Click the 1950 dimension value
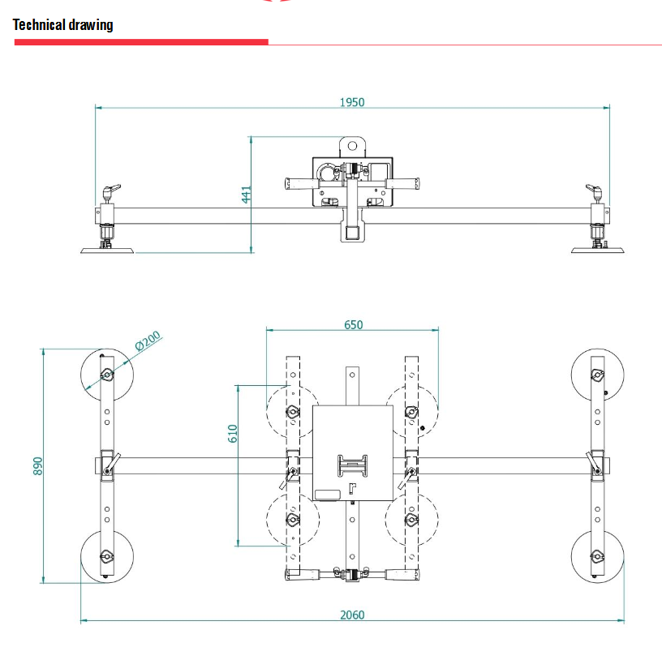point(352,102)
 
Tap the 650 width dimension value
point(353,324)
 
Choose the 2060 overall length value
point(351,615)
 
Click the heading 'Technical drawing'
point(63,24)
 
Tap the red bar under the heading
point(141,41)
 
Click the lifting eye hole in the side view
point(352,147)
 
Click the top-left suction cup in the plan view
point(106,375)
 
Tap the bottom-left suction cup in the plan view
point(106,557)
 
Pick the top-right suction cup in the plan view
point(598,375)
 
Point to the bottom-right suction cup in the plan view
point(598,557)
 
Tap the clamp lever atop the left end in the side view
point(110,190)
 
